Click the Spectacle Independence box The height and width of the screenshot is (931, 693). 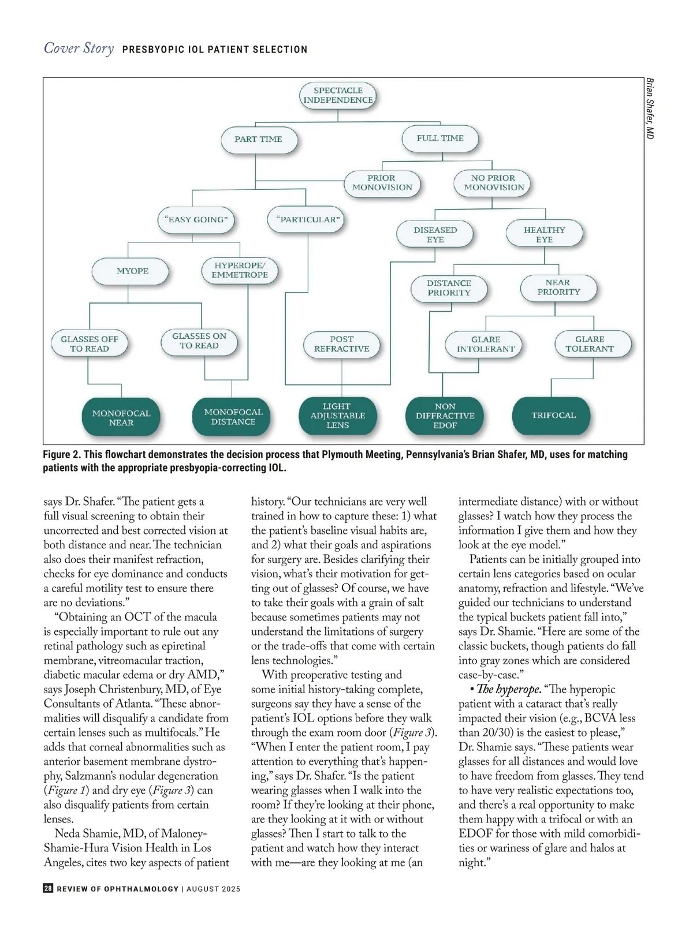click(338, 95)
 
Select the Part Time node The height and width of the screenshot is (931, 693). click(259, 139)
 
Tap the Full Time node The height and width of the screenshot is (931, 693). click(440, 139)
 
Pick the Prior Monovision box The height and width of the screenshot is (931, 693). click(382, 183)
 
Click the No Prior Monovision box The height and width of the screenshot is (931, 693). click(493, 183)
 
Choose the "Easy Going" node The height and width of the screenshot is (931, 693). click(196, 220)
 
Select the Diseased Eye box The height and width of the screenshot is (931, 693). click(435, 234)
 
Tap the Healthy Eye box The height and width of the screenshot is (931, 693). click(544, 234)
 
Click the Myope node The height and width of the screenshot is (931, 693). click(132, 271)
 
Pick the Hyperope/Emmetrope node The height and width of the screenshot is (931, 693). click(240, 270)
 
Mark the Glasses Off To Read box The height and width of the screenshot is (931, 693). click(90, 344)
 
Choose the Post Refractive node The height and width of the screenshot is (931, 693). click(342, 344)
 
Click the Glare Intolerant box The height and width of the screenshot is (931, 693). click(486, 344)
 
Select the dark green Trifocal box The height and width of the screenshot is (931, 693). click(553, 416)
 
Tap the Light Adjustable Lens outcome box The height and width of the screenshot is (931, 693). click(337, 416)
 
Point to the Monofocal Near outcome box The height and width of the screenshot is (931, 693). click(121, 418)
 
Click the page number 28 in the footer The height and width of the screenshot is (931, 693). click(48, 889)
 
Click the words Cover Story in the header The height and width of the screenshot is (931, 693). click(79, 48)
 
